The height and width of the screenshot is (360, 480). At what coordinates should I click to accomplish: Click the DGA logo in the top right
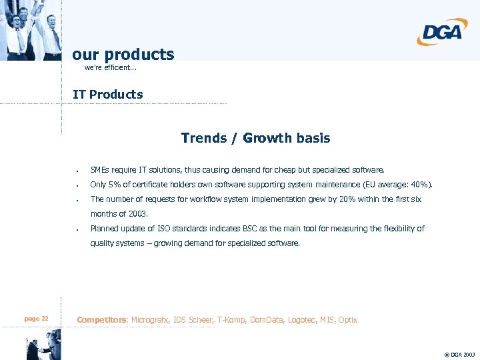pos(442,31)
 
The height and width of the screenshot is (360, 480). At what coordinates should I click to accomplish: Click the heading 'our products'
pos(123,54)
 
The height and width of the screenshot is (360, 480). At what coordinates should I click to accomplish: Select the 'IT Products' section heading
pos(107,94)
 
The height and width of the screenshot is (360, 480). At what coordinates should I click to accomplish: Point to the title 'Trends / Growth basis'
pos(255,138)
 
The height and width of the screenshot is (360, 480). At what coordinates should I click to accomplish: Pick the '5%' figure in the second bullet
pos(115,185)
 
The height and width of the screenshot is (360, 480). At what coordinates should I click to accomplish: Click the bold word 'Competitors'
pos(102,320)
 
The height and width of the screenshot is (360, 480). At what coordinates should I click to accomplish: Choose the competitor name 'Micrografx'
pos(150,320)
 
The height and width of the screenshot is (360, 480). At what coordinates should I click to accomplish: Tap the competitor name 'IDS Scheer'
pos(192,320)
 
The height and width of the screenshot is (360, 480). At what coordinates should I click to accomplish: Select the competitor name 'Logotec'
pos(303,320)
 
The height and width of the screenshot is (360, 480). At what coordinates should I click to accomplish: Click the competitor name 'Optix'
pos(347,320)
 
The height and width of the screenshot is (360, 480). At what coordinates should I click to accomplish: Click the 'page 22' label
pos(36,319)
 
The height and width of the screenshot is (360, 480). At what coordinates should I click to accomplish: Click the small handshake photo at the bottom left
pos(42,348)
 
